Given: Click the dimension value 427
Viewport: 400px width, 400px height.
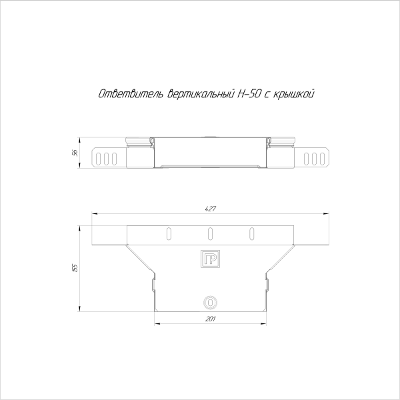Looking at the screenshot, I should click(209, 209).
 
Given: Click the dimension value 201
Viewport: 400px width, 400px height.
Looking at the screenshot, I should click(209, 320).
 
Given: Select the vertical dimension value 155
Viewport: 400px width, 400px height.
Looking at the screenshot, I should click(75, 267).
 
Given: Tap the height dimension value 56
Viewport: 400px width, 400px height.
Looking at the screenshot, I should click(75, 153).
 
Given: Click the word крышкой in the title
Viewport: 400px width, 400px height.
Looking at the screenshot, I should click(293, 94).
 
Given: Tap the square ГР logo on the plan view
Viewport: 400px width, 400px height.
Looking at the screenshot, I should click(209, 259).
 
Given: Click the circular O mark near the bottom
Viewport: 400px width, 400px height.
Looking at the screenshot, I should click(209, 302).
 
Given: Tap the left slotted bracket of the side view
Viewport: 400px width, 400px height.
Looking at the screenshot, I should click(107, 158).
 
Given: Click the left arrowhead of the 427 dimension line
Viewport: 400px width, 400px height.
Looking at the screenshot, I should click(93, 214).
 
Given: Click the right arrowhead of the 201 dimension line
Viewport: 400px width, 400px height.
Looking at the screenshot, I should click(264, 325).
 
